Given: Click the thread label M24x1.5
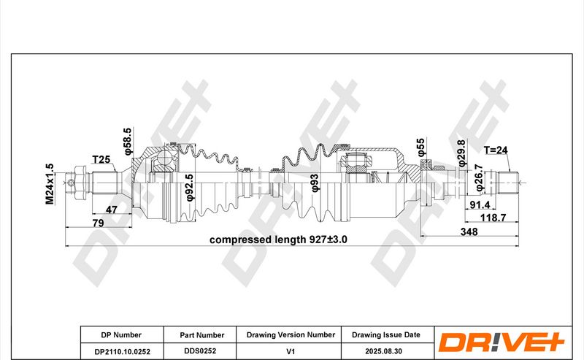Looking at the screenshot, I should pos(50,183).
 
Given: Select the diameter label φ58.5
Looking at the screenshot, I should pos(128,141).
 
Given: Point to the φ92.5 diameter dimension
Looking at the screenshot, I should pos(189,186).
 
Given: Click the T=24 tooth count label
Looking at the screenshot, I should pos(499,150).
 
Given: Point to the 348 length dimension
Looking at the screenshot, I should pos(469,231).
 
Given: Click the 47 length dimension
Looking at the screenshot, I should pos(112,210).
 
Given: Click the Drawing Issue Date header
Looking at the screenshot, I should pos(386,334).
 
